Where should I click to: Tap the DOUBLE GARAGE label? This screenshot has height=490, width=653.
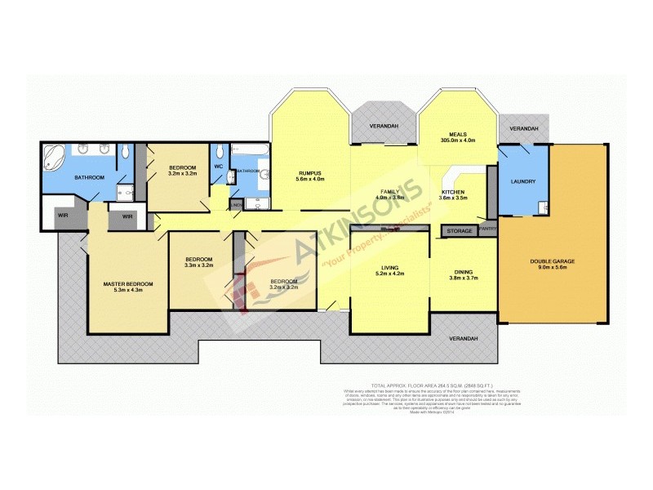[553, 261]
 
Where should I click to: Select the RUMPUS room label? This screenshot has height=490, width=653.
[311, 173]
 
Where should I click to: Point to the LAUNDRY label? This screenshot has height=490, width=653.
[522, 181]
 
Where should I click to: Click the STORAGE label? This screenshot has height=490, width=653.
[460, 232]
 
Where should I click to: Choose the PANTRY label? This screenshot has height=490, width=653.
[488, 229]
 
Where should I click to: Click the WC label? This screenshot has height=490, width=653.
[219, 167]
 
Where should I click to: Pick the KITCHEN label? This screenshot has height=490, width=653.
[453, 192]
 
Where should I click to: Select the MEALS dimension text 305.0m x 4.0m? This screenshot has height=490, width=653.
[457, 140]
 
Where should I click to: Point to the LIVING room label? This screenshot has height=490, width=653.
[389, 266]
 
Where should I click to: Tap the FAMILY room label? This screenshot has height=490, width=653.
[390, 192]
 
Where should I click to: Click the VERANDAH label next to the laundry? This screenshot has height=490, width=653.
[523, 129]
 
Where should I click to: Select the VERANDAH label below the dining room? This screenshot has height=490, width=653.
[462, 338]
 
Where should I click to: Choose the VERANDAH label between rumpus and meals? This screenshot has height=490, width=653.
[384, 127]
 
